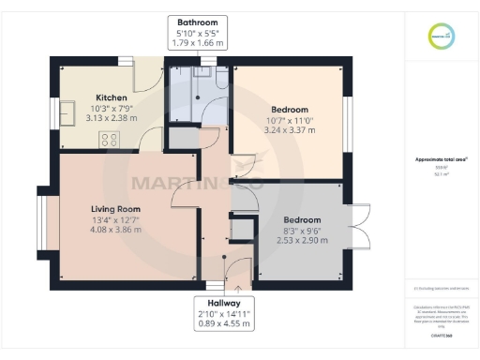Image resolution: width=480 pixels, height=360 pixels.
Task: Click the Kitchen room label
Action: point(111,97)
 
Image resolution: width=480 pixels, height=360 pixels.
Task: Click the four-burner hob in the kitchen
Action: point(109,140)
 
